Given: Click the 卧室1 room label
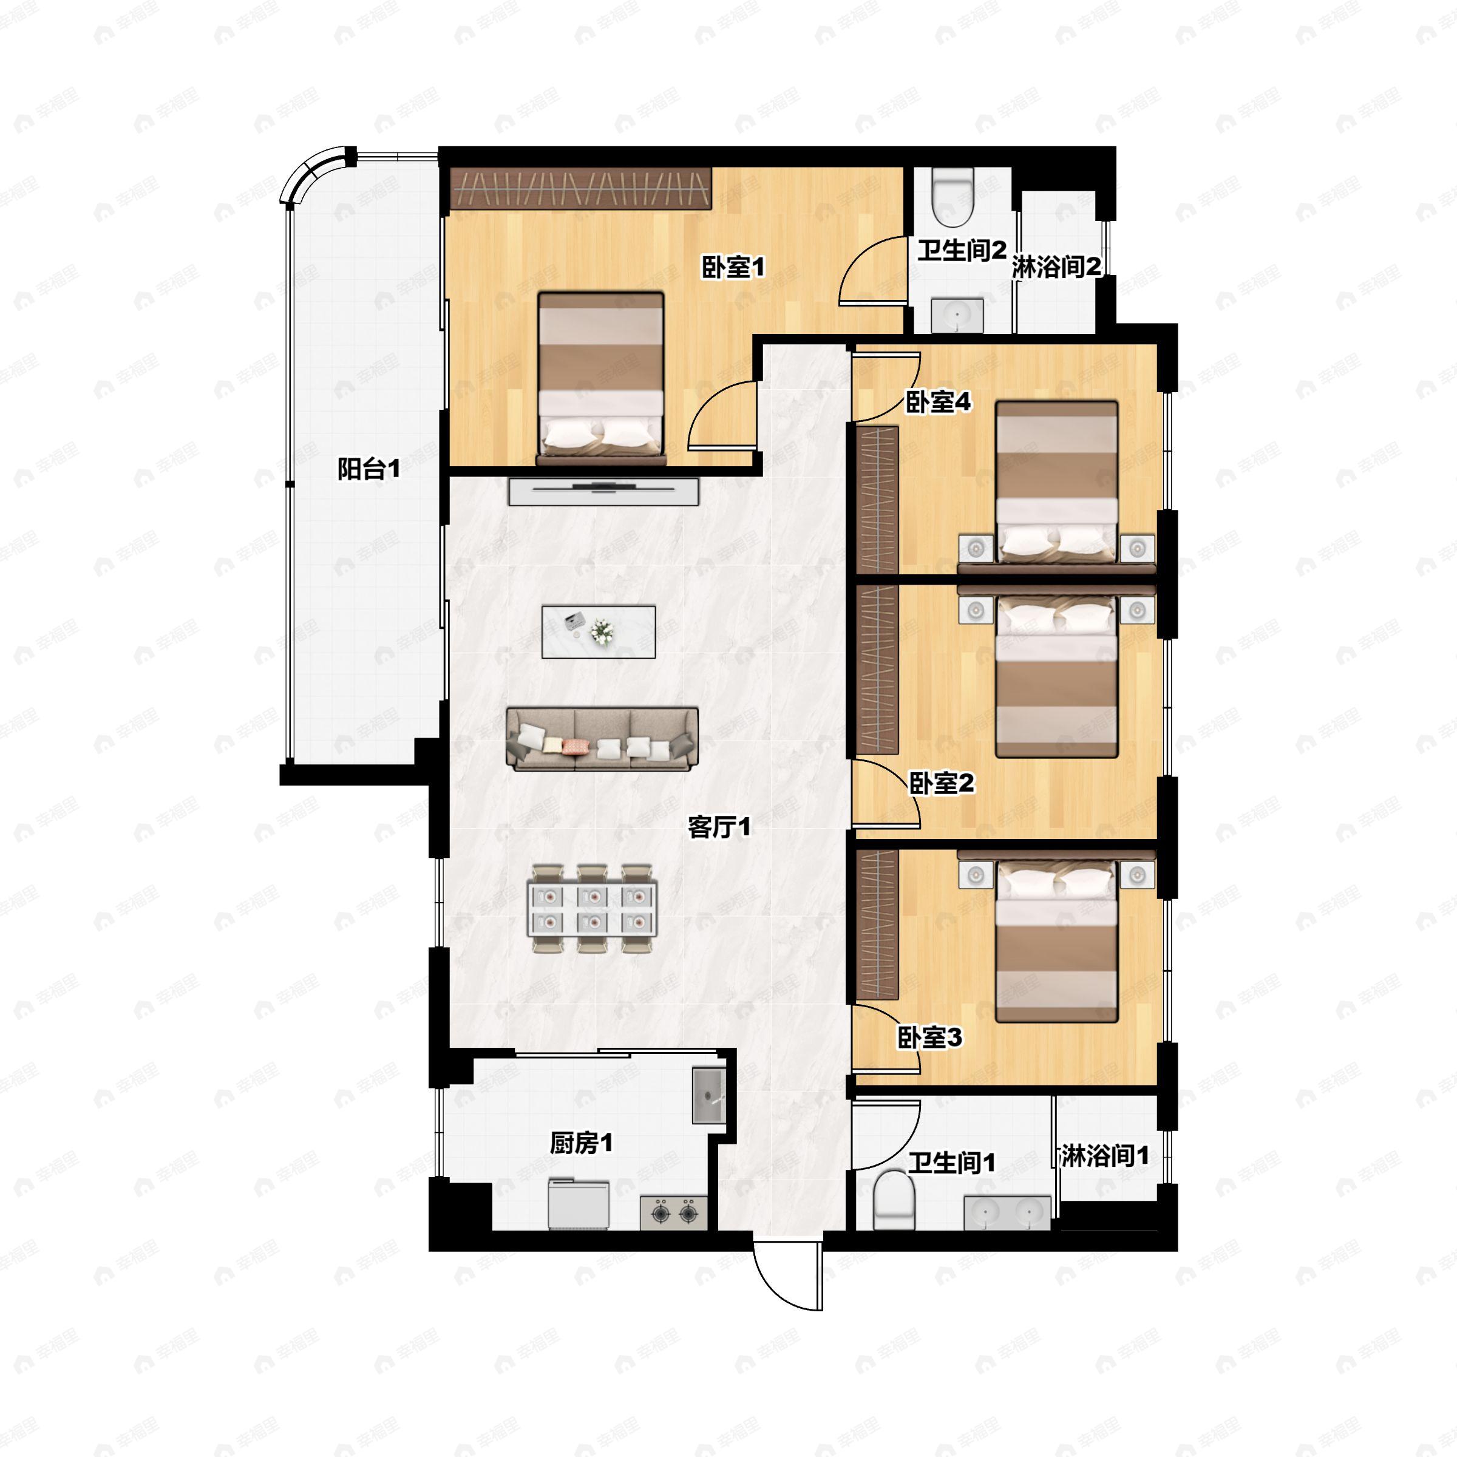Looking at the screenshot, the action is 733,267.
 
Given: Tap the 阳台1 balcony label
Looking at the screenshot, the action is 368,469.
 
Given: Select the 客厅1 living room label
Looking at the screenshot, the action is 719,827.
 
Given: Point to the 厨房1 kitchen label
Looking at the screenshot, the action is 581,1143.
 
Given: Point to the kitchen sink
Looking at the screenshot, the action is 709,1096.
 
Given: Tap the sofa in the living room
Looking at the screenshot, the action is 602,739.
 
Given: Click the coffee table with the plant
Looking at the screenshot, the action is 599,631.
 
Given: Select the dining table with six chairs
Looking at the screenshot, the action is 593,909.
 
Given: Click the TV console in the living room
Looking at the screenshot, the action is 603,491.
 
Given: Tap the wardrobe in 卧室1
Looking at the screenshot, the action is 581,188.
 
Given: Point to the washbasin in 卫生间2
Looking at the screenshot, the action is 957,314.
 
